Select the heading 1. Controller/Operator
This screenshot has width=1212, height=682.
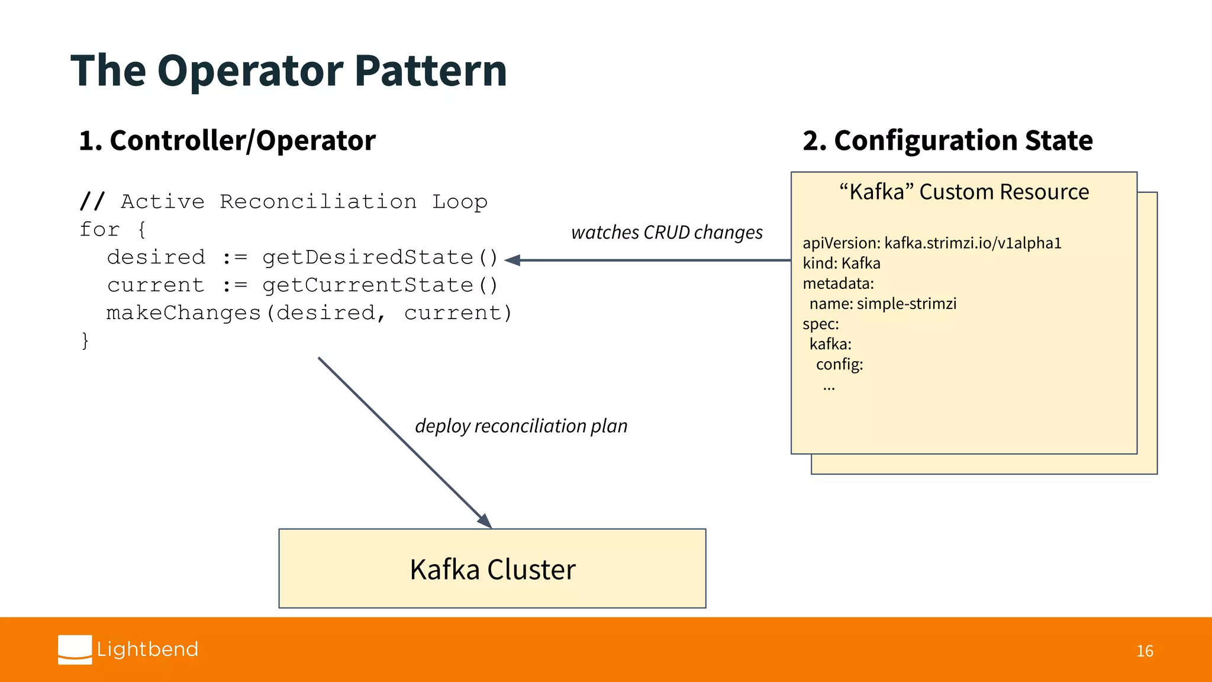click(227, 141)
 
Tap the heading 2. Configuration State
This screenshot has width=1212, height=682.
click(947, 141)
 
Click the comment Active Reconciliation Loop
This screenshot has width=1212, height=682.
click(304, 202)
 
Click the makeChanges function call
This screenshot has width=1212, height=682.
click(183, 313)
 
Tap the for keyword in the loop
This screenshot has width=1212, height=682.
click(99, 230)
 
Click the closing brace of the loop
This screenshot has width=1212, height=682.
click(85, 340)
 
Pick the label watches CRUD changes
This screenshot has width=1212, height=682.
click(667, 233)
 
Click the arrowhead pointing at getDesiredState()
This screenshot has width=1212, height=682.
click(512, 260)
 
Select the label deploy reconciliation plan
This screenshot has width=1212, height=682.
click(521, 426)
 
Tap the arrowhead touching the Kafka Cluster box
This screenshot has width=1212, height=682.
click(485, 521)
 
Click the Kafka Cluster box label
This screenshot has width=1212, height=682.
click(492, 570)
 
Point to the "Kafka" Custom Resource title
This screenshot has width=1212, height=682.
click(964, 192)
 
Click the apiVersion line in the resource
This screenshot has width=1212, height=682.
click(931, 243)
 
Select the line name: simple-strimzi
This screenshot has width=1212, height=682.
click(882, 304)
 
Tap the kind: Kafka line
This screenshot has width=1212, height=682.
click(842, 263)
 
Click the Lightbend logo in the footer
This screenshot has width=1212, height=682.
click(128, 649)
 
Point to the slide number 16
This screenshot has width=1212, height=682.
click(1145, 651)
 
